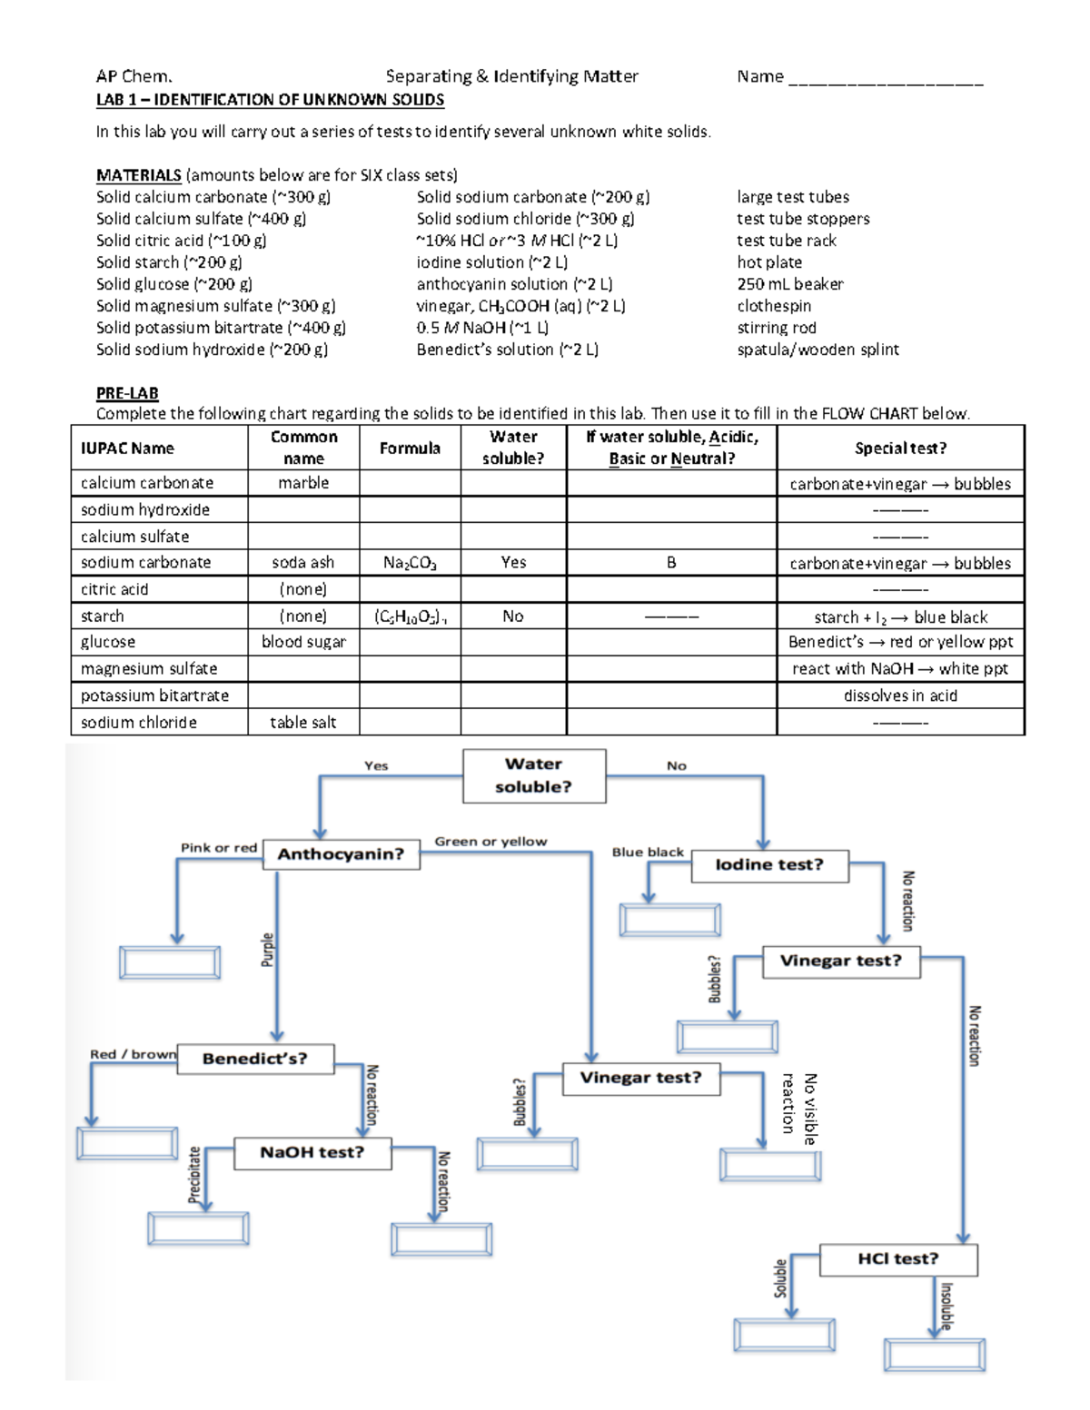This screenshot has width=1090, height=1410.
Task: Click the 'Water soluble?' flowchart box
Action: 534,775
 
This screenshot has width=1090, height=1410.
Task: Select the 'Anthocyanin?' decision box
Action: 341,854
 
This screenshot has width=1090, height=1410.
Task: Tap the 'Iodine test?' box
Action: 769,865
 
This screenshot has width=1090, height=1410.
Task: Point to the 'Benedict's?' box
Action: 255,1059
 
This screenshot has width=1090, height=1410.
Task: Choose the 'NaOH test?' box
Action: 312,1152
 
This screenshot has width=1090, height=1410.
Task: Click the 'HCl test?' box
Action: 898,1259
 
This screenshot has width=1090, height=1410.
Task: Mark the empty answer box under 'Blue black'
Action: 670,920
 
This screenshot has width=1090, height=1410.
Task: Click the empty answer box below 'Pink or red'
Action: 170,962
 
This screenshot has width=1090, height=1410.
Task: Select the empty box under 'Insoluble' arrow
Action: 935,1356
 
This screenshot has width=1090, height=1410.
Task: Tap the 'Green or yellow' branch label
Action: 490,842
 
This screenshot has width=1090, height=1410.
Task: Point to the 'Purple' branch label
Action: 267,950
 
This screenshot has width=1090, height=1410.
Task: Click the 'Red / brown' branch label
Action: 133,1054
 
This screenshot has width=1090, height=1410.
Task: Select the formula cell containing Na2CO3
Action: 410,563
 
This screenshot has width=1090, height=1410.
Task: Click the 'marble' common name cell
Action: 303,483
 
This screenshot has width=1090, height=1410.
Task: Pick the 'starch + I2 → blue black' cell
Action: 900,617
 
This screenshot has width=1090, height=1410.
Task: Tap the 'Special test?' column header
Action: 900,448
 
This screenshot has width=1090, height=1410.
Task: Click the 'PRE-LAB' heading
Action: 127,393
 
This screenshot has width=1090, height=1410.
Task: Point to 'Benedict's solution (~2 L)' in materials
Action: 507,350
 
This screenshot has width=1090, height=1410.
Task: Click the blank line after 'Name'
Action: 886,78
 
